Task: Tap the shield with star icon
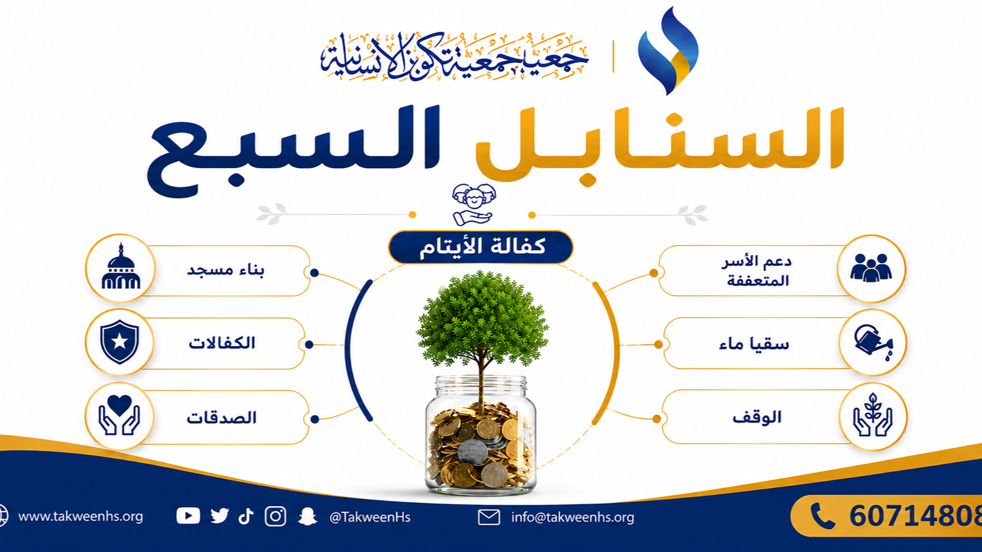[120, 341]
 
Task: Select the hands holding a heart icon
[119, 415]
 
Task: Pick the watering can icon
[873, 342]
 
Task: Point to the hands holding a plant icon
[872, 415]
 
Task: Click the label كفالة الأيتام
[482, 246]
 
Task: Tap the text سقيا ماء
[754, 344]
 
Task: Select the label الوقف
[757, 417]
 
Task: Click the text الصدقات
[222, 418]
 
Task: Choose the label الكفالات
[222, 343]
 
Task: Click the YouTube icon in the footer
[188, 516]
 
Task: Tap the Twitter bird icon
[219, 516]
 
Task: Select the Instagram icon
[275, 516]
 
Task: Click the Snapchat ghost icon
[308, 517]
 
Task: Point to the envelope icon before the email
[489, 517]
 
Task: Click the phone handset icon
[823, 516]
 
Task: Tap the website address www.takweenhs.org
[81, 517]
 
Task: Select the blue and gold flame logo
[668, 50]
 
